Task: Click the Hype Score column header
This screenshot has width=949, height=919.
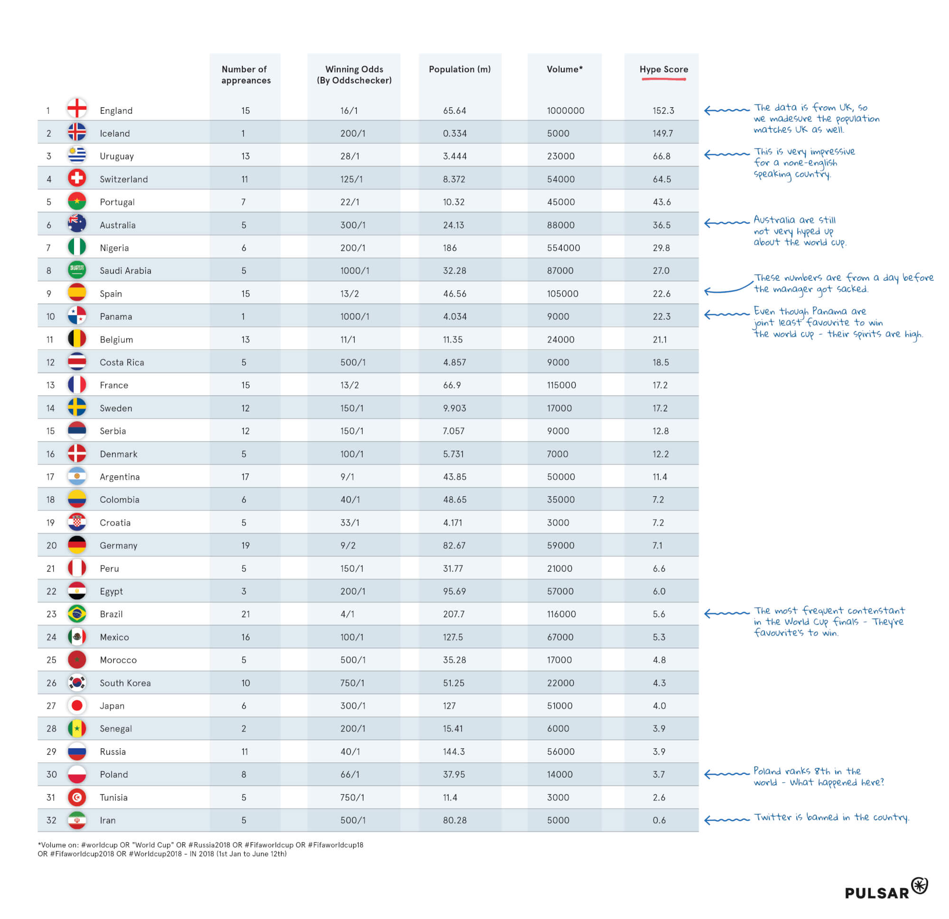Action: point(663,69)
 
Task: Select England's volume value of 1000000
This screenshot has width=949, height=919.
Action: point(565,111)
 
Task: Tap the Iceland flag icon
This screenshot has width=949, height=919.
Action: point(77,132)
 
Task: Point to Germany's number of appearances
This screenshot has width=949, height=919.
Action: point(245,545)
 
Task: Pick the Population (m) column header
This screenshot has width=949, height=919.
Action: point(459,69)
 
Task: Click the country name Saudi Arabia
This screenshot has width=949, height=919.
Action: point(125,270)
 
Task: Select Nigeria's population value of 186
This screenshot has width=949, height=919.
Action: point(449,248)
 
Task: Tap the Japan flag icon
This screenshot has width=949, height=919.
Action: point(77,705)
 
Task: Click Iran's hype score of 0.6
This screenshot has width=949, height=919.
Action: point(659,820)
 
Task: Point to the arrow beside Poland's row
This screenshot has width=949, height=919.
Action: point(726,774)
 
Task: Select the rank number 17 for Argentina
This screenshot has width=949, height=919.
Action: point(50,477)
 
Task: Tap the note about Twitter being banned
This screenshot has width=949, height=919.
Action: point(831,818)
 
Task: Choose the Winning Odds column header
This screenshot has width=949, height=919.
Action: point(354,74)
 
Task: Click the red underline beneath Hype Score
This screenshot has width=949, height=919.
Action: point(663,79)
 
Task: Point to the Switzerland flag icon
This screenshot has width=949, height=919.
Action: point(77,178)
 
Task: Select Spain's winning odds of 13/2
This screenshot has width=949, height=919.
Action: point(349,294)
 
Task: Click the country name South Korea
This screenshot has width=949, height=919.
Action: point(125,683)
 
